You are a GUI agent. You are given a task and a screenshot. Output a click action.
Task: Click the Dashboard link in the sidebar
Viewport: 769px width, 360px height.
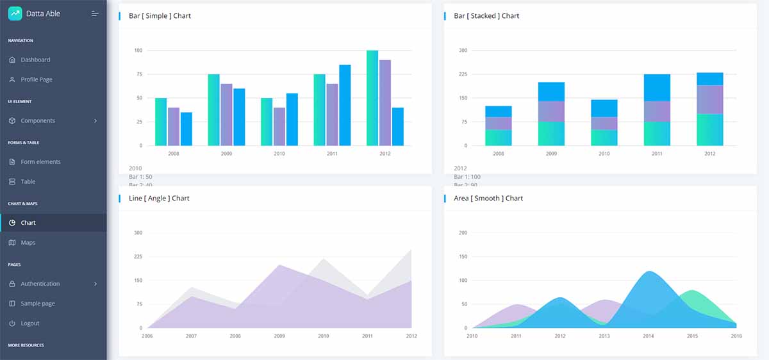(x=35, y=60)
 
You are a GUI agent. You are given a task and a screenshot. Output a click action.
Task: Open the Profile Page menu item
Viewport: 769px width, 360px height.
(x=37, y=79)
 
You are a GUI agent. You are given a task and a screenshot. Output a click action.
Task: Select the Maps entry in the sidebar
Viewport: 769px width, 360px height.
(x=28, y=243)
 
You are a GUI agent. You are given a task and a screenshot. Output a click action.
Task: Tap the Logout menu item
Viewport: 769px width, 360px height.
(x=30, y=323)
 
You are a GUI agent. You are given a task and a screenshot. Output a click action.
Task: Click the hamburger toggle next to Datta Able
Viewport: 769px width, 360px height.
(x=95, y=13)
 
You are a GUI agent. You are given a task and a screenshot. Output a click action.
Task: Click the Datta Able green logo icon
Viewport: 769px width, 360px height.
(x=15, y=13)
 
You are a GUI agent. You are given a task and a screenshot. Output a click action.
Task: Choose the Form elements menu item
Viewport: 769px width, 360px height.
(x=40, y=162)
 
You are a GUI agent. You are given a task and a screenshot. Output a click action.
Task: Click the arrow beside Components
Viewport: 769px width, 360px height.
(x=95, y=121)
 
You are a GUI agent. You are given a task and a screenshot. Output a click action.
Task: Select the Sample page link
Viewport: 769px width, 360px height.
(x=38, y=304)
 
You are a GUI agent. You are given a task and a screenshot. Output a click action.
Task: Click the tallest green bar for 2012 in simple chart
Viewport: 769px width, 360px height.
(x=372, y=98)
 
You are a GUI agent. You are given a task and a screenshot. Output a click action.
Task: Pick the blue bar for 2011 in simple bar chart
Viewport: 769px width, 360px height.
(x=345, y=105)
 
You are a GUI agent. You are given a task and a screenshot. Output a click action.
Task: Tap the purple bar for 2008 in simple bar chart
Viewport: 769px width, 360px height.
(x=174, y=126)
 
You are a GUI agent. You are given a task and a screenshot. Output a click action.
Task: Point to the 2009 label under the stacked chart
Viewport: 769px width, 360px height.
(x=551, y=154)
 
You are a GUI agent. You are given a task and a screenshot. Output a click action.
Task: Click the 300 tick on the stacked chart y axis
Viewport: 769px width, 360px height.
(x=463, y=50)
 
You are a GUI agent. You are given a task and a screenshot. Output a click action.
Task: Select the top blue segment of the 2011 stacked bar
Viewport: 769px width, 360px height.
(x=657, y=88)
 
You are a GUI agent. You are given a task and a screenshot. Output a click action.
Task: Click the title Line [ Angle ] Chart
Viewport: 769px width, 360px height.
(x=159, y=199)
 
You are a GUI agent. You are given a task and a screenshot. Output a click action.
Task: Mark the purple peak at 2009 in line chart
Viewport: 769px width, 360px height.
(x=279, y=266)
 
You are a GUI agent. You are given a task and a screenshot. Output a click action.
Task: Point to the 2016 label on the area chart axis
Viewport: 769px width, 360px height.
(x=736, y=336)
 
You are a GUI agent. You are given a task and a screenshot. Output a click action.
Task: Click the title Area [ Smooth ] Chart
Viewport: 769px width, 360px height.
(x=488, y=199)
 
